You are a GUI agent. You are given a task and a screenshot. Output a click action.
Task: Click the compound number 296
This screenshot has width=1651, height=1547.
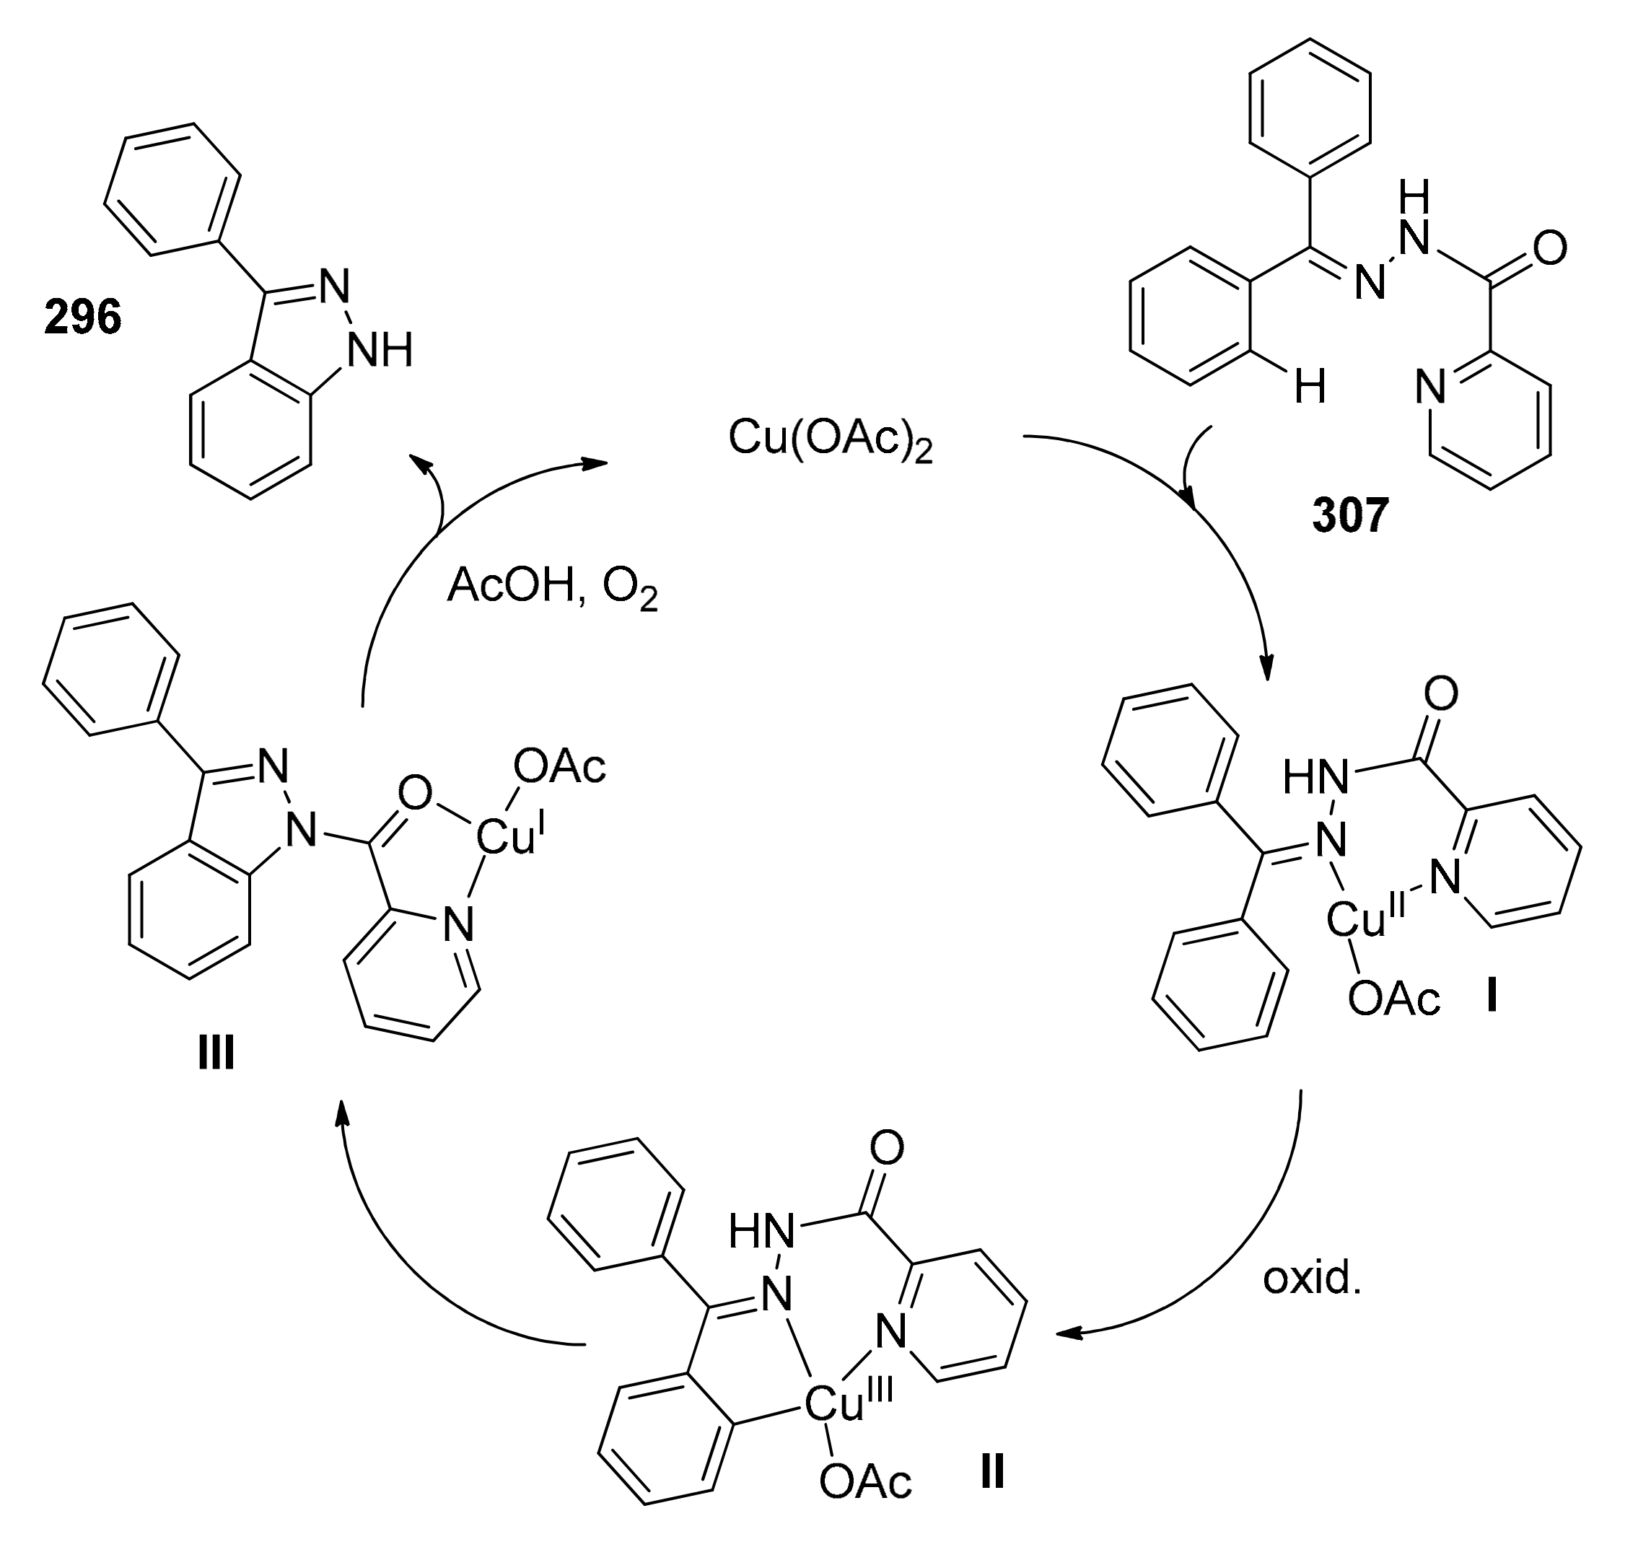click(83, 318)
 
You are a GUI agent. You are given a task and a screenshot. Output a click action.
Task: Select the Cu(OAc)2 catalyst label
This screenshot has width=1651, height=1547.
click(830, 439)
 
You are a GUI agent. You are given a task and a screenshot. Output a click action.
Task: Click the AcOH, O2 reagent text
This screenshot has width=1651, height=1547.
click(552, 588)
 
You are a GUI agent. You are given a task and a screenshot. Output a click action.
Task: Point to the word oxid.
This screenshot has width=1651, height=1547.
click(1312, 1279)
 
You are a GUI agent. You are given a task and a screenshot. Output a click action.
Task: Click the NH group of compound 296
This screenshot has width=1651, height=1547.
click(379, 351)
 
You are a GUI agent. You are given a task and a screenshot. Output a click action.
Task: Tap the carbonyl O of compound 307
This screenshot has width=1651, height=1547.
click(1550, 247)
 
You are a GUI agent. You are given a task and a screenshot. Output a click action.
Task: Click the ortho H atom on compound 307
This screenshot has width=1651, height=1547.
click(1310, 387)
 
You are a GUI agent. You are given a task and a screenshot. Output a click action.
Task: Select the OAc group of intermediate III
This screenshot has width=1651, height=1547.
click(560, 767)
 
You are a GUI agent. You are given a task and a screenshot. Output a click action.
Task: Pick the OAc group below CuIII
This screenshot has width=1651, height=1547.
click(864, 1481)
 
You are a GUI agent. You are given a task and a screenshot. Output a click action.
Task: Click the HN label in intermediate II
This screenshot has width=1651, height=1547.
click(761, 1232)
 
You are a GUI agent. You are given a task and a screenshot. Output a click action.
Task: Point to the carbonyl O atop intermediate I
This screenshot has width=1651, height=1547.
click(1441, 694)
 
